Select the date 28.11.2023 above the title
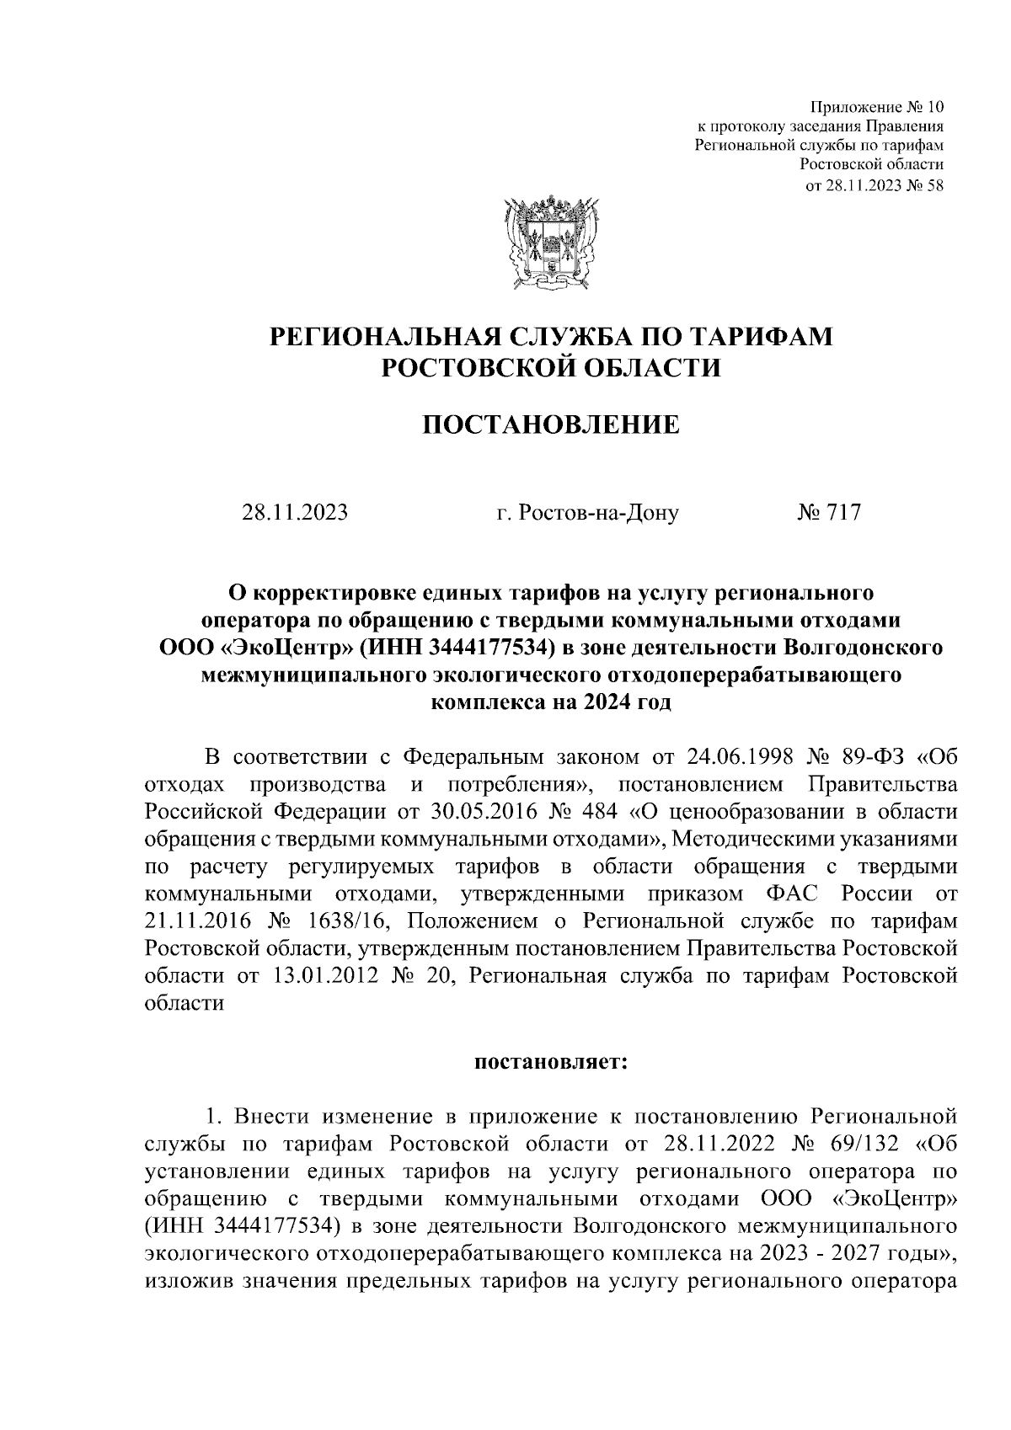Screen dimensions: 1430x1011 click(x=295, y=512)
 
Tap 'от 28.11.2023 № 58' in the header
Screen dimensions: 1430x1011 click(x=875, y=187)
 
